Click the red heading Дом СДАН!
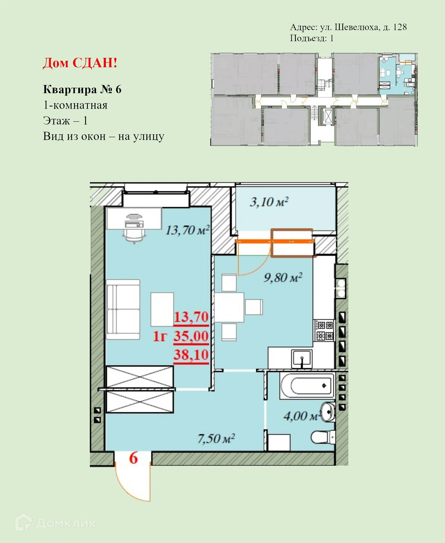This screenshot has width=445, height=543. coord(80,63)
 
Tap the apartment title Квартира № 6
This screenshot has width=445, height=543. coord(82,89)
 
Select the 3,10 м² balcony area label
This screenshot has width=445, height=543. coord(269,202)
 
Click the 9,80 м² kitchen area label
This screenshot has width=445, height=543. coord(283,277)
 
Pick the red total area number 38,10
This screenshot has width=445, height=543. coord(191,355)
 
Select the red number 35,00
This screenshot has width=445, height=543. coord(191,336)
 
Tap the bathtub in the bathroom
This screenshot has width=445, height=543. coord(307,386)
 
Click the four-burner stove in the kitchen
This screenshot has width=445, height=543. coord(324,330)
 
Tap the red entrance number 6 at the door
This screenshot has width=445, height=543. coord(133,458)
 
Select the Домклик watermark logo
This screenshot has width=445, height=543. coord(55,523)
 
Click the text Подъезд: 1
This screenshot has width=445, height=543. coord(311,38)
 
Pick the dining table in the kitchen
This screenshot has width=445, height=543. coord(229,307)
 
